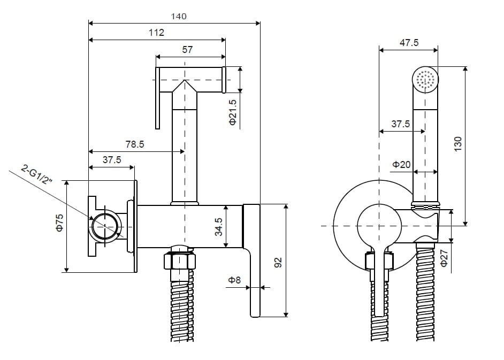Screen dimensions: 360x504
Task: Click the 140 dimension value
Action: point(179,17)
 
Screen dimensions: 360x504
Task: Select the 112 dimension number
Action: point(156,33)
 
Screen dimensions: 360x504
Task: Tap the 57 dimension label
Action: point(187,50)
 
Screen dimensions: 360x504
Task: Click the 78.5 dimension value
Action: point(134,144)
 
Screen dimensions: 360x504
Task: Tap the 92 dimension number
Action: point(277,263)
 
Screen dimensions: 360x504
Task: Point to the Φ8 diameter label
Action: point(234,279)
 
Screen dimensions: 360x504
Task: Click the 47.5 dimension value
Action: point(409,43)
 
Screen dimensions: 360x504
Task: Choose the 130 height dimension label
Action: point(457,144)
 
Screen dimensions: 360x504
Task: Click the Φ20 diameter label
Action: point(401,164)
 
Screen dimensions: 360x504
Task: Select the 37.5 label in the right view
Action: point(400,124)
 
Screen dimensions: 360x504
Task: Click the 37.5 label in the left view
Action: point(111,160)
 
